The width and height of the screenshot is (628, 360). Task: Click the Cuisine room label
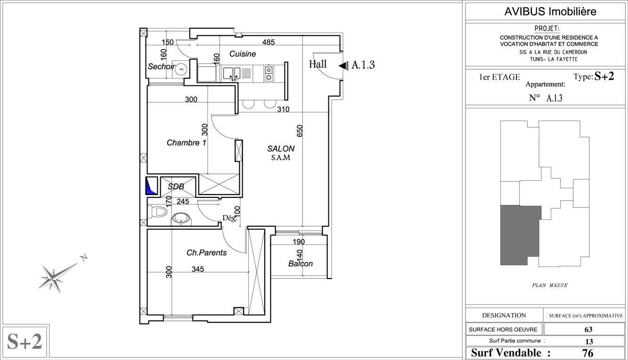pos(243,54)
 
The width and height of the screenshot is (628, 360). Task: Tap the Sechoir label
pos(161,66)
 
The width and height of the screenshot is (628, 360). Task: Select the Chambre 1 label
pos(186,143)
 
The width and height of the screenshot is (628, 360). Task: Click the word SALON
pos(281,148)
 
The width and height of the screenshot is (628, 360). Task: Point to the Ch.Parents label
pos(207,253)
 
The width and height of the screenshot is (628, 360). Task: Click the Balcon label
pos(300,263)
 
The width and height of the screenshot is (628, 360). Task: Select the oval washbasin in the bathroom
pos(181,219)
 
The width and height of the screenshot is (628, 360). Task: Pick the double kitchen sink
pos(232,73)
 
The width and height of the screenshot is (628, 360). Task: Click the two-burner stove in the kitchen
pos(269,73)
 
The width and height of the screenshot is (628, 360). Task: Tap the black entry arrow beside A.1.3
pos(343,66)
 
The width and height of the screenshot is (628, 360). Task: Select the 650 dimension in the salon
pos(300,131)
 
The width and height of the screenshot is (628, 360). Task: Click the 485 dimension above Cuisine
pos(269,42)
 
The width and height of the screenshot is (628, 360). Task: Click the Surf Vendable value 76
pos(587,353)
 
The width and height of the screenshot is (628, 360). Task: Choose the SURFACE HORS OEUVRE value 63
pos(588,329)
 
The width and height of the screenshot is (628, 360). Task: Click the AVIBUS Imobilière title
pos(550,11)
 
